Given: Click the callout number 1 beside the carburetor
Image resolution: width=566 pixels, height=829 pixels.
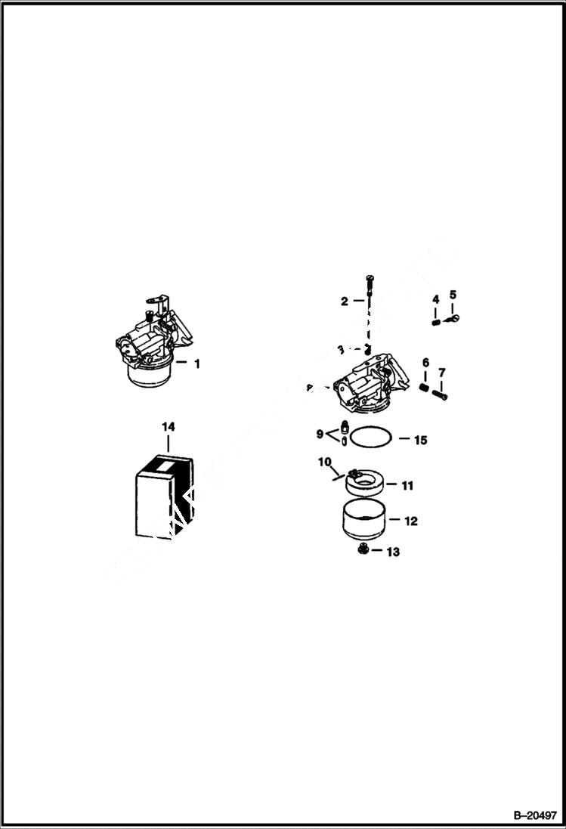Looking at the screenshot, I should point(197,363).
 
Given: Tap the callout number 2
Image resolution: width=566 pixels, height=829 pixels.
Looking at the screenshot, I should point(345,301).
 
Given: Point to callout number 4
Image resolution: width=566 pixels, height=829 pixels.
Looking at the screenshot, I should point(435,300).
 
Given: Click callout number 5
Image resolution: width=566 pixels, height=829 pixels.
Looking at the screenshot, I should point(453,294).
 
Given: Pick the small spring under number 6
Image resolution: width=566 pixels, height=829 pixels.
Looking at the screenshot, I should point(425,388).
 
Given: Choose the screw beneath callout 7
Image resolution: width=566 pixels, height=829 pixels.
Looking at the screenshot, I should point(440,393).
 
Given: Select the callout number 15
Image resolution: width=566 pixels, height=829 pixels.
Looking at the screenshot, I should point(421,440).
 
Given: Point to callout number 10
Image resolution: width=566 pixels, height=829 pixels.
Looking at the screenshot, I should point(324,461).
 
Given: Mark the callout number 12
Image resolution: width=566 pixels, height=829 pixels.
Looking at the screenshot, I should point(411,521).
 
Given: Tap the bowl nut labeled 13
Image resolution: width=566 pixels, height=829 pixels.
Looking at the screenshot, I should point(363,551).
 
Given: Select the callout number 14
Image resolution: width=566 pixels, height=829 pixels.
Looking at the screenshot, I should point(167,427).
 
